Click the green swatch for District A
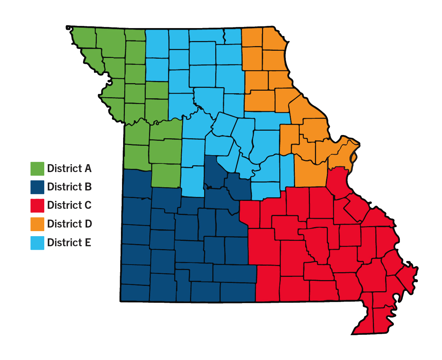37,168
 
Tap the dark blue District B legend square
37,187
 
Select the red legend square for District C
37,206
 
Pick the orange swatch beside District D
37,224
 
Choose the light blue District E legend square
37,243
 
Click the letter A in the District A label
88,168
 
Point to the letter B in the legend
88,187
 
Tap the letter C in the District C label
88,206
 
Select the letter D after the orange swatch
88,224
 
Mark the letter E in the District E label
88,243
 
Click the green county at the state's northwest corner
85,38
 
